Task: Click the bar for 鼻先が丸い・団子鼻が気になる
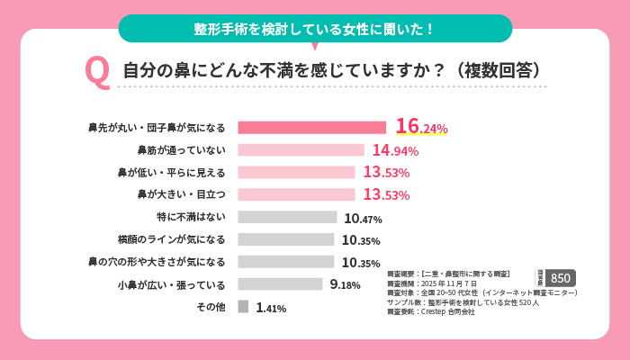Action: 311,128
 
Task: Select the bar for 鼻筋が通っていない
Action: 301,150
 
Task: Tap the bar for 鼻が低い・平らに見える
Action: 296,172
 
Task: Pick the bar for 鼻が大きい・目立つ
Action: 296,194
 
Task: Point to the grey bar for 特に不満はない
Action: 287,217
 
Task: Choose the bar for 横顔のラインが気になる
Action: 285,239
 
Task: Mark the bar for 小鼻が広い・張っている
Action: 280,284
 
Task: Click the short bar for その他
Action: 243,307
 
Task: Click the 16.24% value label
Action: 421,127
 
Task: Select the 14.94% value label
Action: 395,150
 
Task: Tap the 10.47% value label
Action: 363,218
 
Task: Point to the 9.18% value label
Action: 345,285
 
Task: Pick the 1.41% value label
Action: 271,308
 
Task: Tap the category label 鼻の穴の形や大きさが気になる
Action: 156,262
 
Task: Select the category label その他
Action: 210,307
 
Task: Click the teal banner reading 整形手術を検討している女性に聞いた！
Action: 314,29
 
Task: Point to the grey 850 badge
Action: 560,278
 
